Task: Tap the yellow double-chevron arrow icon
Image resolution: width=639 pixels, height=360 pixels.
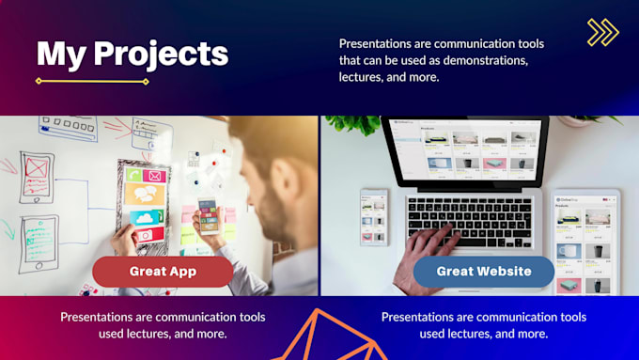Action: point(602,32)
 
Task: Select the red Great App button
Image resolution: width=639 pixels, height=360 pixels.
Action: point(163,272)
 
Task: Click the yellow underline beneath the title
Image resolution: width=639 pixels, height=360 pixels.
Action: point(92,82)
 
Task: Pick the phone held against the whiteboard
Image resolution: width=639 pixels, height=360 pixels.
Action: point(209,219)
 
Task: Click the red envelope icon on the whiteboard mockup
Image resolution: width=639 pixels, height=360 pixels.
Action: point(154,176)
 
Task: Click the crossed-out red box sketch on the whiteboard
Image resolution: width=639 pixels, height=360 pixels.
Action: point(38,167)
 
